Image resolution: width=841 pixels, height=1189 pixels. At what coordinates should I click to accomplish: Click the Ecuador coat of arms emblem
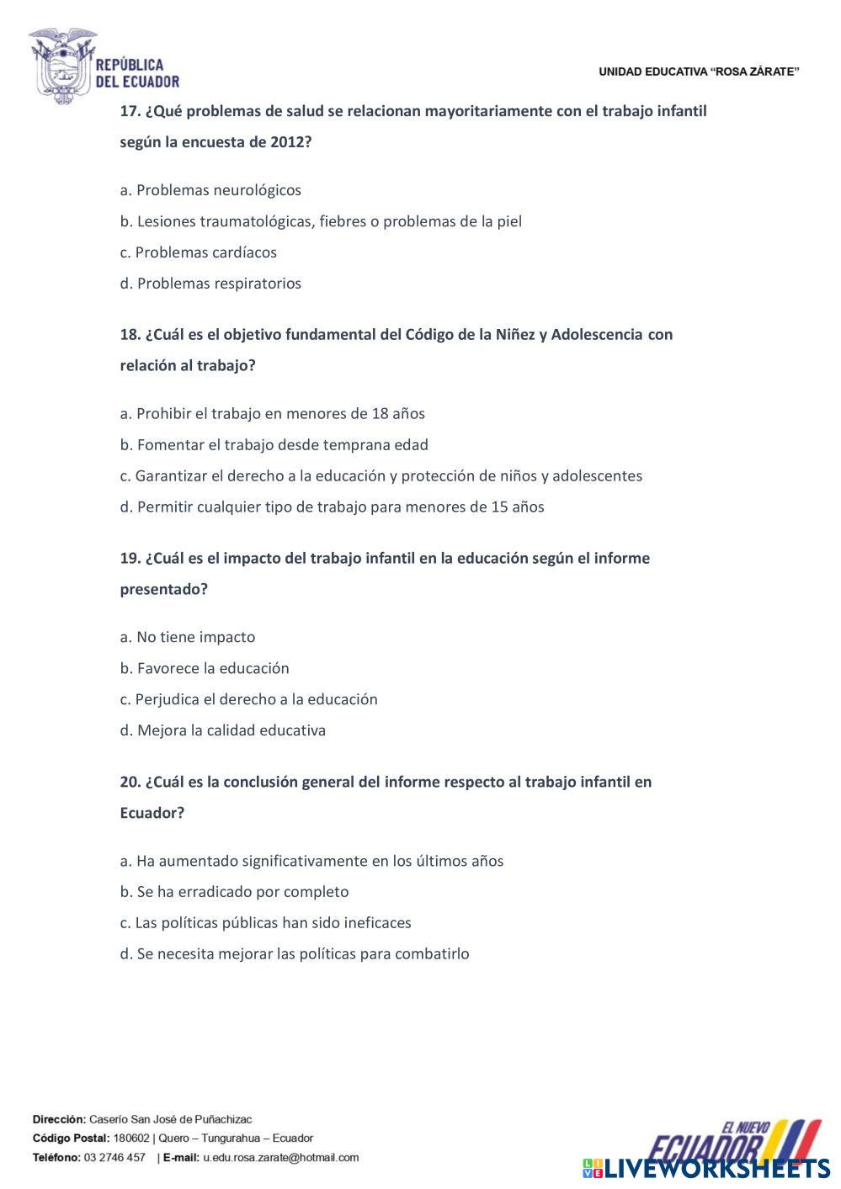click(x=62, y=66)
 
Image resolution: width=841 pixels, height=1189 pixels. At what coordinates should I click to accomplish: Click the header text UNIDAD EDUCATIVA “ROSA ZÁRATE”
click(x=699, y=72)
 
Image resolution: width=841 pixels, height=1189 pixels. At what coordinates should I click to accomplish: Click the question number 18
click(x=130, y=335)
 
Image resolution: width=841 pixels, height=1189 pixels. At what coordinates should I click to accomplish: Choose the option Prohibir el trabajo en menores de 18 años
click(x=272, y=414)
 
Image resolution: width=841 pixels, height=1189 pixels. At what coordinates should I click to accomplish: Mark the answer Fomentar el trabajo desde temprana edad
click(x=274, y=445)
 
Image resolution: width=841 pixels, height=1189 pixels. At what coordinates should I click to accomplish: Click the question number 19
click(x=130, y=559)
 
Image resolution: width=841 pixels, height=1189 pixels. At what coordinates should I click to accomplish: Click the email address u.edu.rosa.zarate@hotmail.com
click(x=280, y=1158)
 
